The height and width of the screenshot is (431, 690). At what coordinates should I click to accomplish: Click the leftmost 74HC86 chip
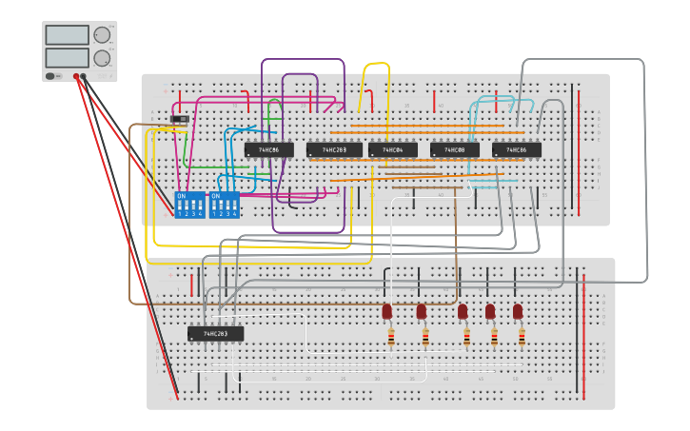268,149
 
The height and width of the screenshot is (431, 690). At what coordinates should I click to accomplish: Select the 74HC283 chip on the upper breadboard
334,149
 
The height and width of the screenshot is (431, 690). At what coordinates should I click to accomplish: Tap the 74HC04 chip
392,149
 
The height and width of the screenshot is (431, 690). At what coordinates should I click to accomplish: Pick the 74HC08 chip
454,149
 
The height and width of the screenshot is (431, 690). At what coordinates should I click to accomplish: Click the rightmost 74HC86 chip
516,149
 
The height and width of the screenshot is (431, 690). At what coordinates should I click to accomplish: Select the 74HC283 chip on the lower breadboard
215,334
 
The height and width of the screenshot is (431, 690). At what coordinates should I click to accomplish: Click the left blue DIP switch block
189,205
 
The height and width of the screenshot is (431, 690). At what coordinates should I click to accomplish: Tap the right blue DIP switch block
224,205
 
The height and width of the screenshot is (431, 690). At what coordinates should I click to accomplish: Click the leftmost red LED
387,311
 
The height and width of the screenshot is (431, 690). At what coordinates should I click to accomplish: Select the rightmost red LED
518,311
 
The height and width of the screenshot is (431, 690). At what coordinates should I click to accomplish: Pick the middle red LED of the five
463,311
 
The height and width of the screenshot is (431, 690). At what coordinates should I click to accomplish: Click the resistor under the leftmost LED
390,337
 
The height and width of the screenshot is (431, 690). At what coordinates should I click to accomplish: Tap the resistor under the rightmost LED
522,337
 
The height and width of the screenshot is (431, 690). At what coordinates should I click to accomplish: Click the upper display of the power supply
67,35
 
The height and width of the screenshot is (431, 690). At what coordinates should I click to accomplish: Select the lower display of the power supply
67,58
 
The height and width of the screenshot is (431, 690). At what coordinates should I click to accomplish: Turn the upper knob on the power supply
102,35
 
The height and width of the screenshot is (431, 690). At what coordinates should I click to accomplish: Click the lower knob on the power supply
102,58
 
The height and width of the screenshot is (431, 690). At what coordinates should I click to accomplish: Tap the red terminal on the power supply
76,76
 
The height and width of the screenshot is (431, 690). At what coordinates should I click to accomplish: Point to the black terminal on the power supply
85,76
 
